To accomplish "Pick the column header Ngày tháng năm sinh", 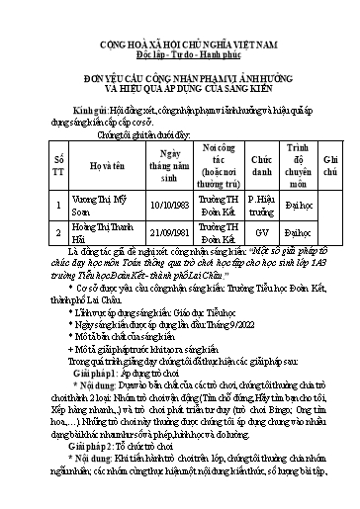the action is click(x=159, y=164).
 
